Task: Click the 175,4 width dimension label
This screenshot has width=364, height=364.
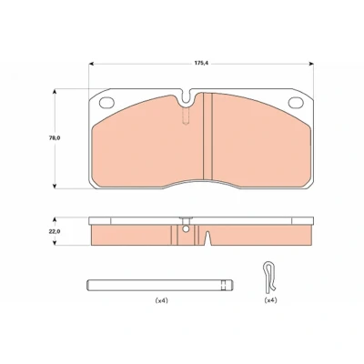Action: pos(202,64)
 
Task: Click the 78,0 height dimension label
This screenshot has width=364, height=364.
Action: pos(55,137)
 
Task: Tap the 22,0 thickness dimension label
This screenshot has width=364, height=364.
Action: pos(55,231)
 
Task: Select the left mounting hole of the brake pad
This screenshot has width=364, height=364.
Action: pos(106,103)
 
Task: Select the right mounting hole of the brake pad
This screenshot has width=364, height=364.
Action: pos(296,103)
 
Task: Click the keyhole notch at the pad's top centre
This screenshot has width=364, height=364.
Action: pos(187,98)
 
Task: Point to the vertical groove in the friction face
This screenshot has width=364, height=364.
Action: pos(207,136)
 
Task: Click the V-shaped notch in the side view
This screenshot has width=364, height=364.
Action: pos(207,238)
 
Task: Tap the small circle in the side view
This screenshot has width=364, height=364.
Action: pos(186,229)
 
